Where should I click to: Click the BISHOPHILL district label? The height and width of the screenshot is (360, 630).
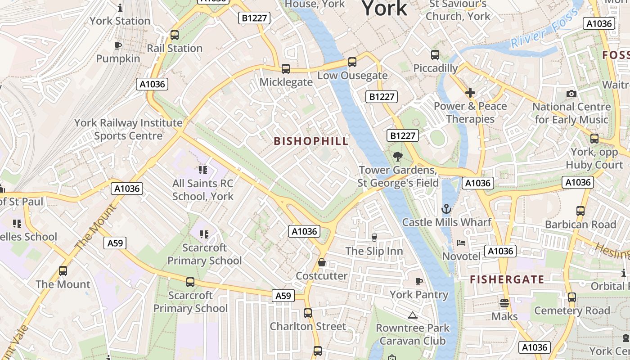(x=311, y=141)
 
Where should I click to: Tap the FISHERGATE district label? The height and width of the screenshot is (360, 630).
(x=507, y=279)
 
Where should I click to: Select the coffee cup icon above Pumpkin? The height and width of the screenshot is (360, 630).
(x=118, y=46)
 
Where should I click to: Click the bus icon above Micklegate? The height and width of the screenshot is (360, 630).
(x=286, y=69)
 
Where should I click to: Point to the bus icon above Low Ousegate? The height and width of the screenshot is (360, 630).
(x=352, y=62)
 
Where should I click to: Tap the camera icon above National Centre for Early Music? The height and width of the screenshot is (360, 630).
(x=571, y=94)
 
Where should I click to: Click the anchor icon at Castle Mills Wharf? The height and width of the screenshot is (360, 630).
(x=446, y=209)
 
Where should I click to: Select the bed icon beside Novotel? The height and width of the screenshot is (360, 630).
(x=462, y=243)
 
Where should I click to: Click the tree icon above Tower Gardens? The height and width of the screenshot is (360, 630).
(x=397, y=157)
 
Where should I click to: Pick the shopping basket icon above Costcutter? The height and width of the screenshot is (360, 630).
(x=322, y=262)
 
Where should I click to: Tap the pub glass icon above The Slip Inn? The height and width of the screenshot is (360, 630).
(x=374, y=237)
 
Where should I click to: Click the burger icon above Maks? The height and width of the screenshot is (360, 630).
(x=504, y=303)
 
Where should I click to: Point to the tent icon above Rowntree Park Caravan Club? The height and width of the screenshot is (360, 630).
(x=413, y=315)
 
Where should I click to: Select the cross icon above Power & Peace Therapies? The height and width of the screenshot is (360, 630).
(x=470, y=93)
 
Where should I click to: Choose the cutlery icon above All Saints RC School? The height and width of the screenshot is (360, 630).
(x=203, y=170)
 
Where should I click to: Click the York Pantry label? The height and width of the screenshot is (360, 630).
(x=419, y=295)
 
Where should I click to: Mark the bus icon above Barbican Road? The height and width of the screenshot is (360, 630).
(x=580, y=211)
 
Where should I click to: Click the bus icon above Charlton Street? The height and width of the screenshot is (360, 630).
(x=308, y=313)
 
